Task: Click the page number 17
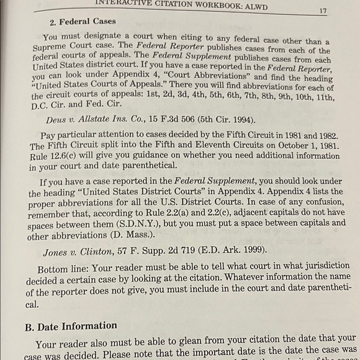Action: point(323,11)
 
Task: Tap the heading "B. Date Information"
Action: point(71,326)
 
